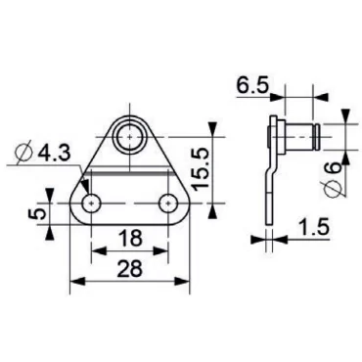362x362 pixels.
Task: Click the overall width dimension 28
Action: coord(131,269)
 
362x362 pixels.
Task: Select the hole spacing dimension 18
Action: coord(131,238)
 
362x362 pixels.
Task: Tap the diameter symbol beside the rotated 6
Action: coord(336,192)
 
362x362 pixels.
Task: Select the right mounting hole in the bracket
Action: coord(169,204)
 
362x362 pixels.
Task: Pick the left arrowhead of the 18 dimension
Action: coord(96,249)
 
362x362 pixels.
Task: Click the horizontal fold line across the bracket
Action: coord(130,176)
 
